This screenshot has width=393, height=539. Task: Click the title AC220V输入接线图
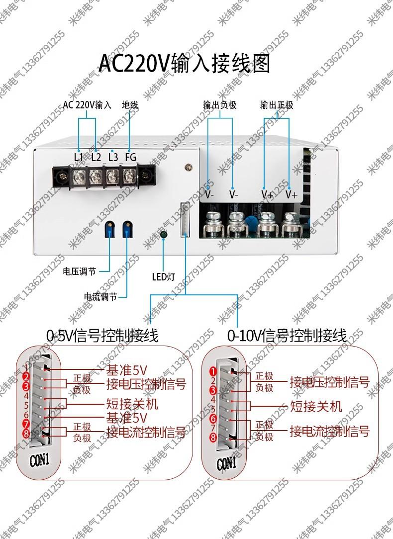(184, 64)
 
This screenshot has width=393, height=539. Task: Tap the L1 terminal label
(79, 157)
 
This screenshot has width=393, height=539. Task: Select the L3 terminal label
(113, 157)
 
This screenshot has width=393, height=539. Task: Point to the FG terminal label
(130, 157)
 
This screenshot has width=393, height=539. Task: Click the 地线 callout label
(130, 105)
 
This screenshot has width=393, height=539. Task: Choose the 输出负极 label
(219, 105)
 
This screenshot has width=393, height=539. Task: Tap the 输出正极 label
(277, 105)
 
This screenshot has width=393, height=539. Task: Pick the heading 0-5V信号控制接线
(102, 336)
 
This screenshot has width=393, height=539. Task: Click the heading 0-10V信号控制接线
(287, 336)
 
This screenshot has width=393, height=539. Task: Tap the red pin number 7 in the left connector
(26, 424)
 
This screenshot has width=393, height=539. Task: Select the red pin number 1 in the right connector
(212, 371)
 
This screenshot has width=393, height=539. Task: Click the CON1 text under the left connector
(40, 460)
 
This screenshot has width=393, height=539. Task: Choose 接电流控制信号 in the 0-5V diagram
(146, 432)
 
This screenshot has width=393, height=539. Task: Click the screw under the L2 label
(96, 175)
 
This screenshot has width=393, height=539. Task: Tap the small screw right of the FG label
(188, 168)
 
